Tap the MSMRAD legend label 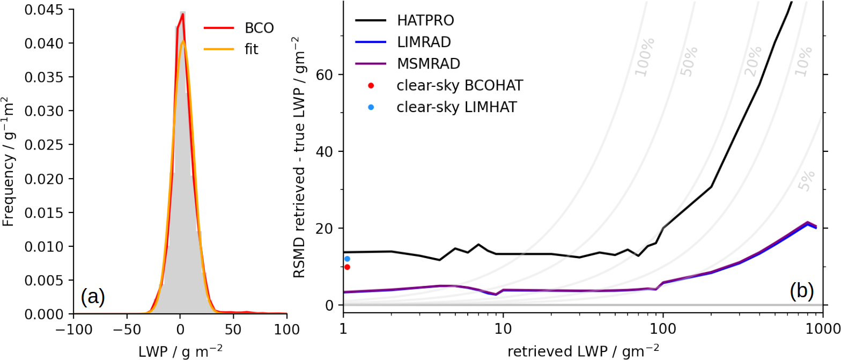click(429, 63)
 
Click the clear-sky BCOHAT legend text click(459, 85)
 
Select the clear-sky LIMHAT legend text click(457, 107)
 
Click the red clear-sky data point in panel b click(347, 267)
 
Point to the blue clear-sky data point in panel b click(347, 259)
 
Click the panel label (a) click(92, 296)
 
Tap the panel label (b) click(801, 291)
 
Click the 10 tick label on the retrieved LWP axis click(503, 328)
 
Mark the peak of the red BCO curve click(182, 14)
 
